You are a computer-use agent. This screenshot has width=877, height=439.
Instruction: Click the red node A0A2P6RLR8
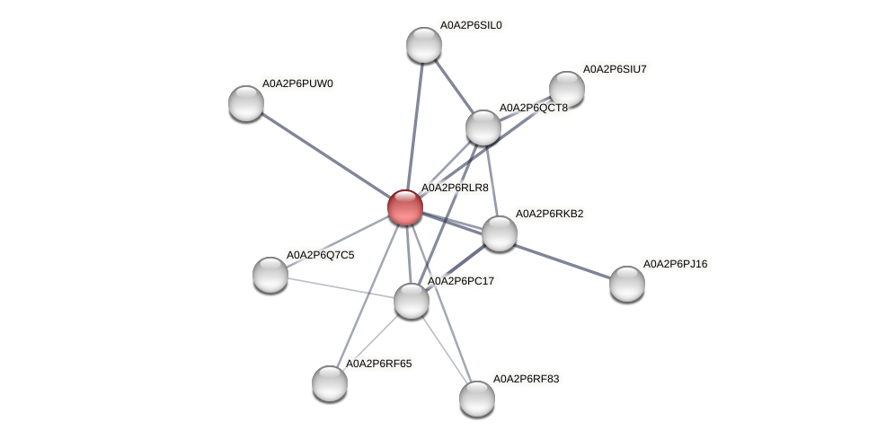pyautogui.click(x=405, y=207)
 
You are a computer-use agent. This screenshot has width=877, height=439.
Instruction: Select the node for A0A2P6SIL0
pyautogui.click(x=424, y=45)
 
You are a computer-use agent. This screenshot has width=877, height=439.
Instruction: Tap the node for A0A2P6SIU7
pyautogui.click(x=567, y=88)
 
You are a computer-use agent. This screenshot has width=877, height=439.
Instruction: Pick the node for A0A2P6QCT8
pyautogui.click(x=483, y=127)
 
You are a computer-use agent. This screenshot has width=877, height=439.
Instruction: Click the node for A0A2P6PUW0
pyautogui.click(x=246, y=103)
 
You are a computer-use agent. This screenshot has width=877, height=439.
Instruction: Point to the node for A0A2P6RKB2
pyautogui.click(x=500, y=233)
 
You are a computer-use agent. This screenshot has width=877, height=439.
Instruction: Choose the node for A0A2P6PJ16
pyautogui.click(x=627, y=284)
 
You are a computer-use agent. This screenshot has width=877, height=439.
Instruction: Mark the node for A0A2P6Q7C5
pyautogui.click(x=270, y=275)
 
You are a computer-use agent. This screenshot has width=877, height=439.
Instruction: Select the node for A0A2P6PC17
pyautogui.click(x=412, y=301)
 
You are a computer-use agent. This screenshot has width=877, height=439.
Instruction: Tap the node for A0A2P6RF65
pyautogui.click(x=330, y=383)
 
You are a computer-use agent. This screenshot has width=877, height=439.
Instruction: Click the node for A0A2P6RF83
pyautogui.click(x=477, y=399)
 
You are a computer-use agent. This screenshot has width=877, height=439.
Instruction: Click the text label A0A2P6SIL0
pyautogui.click(x=470, y=25)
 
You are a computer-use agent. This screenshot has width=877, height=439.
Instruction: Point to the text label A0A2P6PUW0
pyautogui.click(x=297, y=83)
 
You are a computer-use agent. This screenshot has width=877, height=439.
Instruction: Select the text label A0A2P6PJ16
pyautogui.click(x=675, y=264)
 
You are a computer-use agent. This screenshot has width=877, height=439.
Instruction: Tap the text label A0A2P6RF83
pyautogui.click(x=526, y=379)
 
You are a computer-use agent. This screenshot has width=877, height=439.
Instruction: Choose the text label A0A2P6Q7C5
pyautogui.click(x=320, y=255)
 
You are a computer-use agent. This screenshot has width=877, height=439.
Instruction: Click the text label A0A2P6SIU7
pyautogui.click(x=615, y=68)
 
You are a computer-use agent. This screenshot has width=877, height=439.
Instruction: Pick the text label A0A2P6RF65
pyautogui.click(x=378, y=364)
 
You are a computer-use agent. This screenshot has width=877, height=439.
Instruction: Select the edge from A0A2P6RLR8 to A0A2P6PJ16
pyautogui.click(x=557, y=258)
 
